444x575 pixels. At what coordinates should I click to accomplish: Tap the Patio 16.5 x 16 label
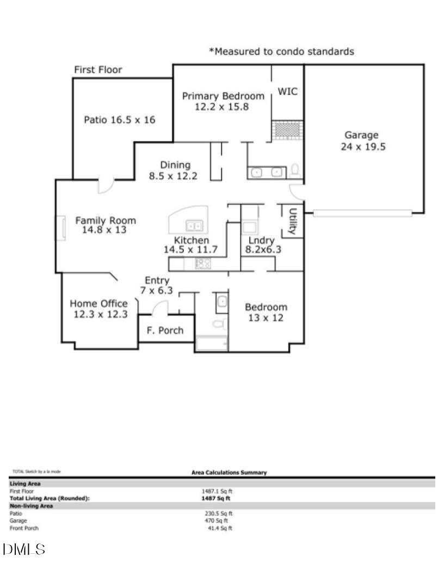pyautogui.click(x=119, y=120)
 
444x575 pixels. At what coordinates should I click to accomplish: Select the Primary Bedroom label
pyautogui.click(x=223, y=101)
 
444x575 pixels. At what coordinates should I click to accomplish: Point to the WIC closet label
pyautogui.click(x=288, y=91)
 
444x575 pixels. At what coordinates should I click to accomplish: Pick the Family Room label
pyautogui.click(x=105, y=225)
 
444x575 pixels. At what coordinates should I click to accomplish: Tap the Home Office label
pyautogui.click(x=99, y=309)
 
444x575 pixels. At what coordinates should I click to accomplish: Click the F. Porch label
pyautogui.click(x=165, y=331)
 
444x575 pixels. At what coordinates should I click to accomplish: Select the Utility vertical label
pyautogui.click(x=293, y=221)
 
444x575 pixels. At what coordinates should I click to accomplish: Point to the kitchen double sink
pyautogui.click(x=194, y=225)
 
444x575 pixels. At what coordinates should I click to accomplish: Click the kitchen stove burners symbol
pyautogui.click(x=203, y=264)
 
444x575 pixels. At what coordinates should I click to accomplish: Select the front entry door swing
pyautogui.click(x=159, y=308)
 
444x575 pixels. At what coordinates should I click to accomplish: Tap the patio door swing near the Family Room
pyautogui.click(x=105, y=186)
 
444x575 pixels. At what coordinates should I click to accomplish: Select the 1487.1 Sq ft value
pyautogui.click(x=217, y=491)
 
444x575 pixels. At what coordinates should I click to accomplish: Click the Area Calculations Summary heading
pyautogui.click(x=229, y=473)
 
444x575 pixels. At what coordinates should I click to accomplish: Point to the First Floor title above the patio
pyautogui.click(x=98, y=70)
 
